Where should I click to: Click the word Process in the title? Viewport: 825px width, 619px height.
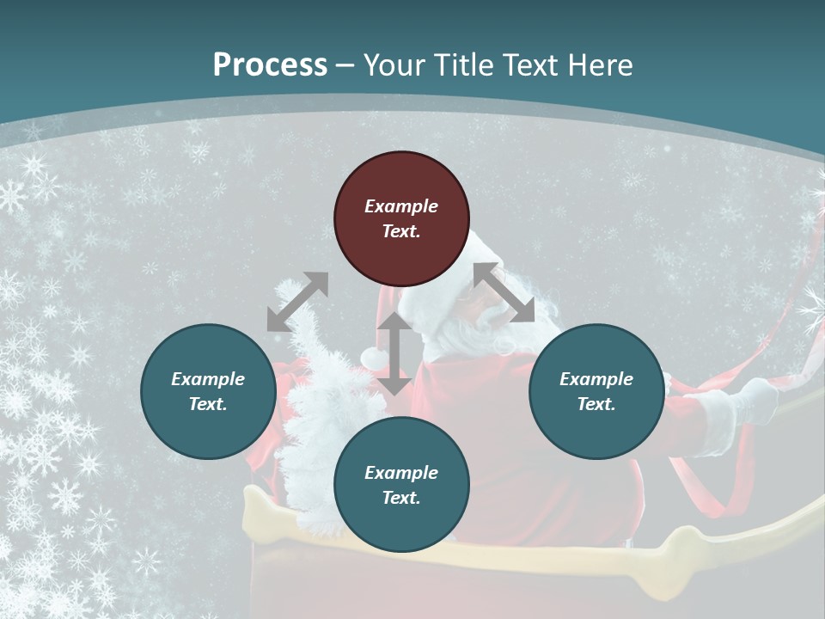tap(270, 65)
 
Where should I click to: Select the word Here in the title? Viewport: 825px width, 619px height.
tap(601, 65)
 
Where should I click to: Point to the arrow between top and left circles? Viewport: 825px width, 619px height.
tap(297, 302)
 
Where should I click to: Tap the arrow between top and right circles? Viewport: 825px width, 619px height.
tap(504, 292)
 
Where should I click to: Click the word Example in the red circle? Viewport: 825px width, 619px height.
tap(401, 206)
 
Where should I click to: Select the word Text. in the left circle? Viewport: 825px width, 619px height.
tap(208, 404)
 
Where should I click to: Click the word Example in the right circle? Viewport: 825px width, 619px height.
tap(596, 379)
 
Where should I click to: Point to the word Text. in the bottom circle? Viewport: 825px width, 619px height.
tap(401, 498)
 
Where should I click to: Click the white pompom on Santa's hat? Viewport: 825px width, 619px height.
tap(372, 356)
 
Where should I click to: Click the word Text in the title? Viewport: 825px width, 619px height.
tap(530, 65)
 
